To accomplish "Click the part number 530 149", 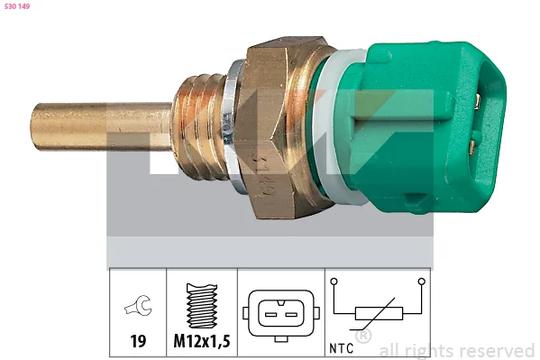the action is coord(17,6).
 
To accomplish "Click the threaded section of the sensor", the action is coord(200,126).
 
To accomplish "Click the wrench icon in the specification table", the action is coord(138,305).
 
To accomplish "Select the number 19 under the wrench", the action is coord(138,341).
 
